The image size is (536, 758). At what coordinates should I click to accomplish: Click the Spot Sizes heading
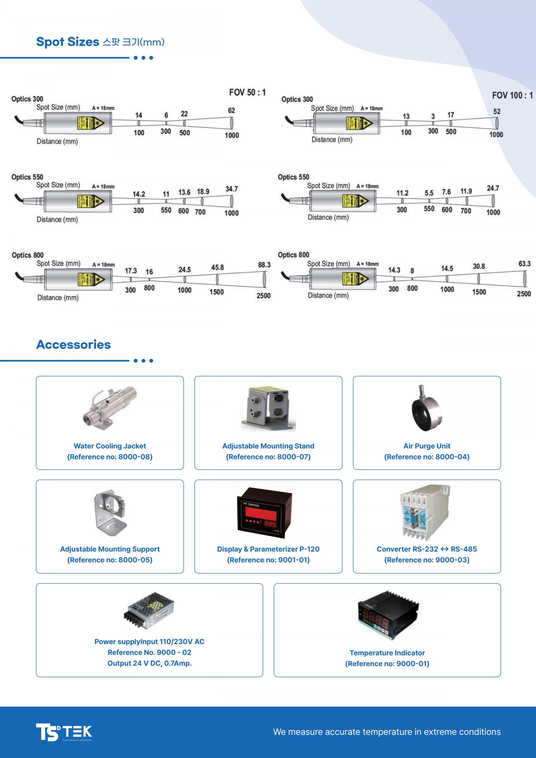pyautogui.click(x=100, y=42)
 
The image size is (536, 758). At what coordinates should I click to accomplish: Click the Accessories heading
pyautogui.click(x=73, y=344)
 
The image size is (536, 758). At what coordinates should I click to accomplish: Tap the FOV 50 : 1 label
pyautogui.click(x=247, y=92)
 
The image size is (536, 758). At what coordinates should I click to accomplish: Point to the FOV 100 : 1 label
pyautogui.click(x=512, y=95)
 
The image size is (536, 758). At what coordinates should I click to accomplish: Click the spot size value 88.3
pyautogui.click(x=264, y=265)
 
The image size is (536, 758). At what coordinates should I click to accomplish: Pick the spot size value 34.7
pyautogui.click(x=231, y=189)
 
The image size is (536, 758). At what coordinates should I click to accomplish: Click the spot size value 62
pyautogui.click(x=231, y=110)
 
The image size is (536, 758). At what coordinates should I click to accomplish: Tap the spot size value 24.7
pyautogui.click(x=493, y=188)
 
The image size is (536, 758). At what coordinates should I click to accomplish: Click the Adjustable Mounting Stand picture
pyautogui.click(x=268, y=409)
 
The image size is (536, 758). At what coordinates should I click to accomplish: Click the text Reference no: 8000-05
pyautogui.click(x=110, y=560)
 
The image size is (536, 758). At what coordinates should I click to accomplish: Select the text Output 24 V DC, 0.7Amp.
pyautogui.click(x=150, y=663)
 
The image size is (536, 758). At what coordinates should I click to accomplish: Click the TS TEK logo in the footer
pyautogui.click(x=64, y=732)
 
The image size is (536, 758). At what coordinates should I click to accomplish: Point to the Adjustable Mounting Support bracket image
pyautogui.click(x=110, y=513)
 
